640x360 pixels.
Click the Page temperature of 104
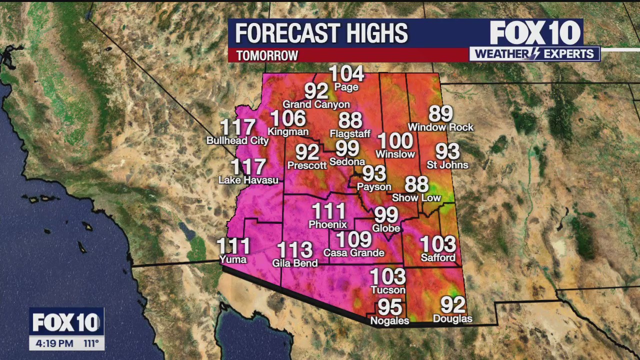tap(346, 74)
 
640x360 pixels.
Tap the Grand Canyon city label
tap(316, 104)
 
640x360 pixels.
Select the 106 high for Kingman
tap(288, 118)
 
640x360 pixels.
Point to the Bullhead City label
tap(237, 141)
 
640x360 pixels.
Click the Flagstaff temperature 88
tap(350, 120)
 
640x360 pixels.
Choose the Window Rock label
tap(440, 127)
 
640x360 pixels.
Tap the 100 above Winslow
tap(395, 141)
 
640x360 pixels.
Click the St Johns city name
tap(447, 165)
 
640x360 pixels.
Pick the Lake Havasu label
tap(248, 180)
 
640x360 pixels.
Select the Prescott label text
tap(307, 165)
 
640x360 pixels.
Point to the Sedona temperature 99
tap(347, 148)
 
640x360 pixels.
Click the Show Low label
tap(416, 198)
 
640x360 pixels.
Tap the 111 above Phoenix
tap(328, 211)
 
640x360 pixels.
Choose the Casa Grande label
tap(353, 253)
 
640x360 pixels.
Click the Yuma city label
tap(233, 259)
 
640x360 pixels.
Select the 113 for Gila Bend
tap(294, 249)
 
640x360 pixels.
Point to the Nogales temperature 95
tap(389, 306)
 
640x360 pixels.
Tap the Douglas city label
tap(452, 319)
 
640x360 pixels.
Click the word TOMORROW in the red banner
tap(267, 55)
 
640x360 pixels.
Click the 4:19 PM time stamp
tap(54, 344)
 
